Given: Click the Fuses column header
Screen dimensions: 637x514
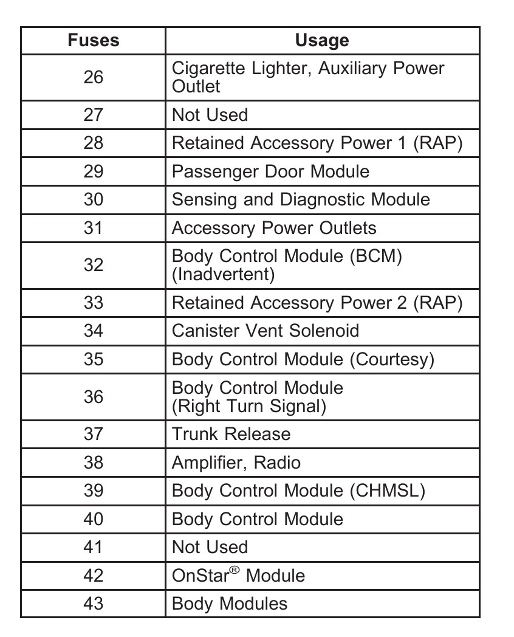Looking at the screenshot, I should [x=93, y=41].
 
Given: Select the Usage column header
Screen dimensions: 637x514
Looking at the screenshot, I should [x=321, y=41].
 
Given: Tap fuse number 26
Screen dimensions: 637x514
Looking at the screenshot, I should [x=93, y=77].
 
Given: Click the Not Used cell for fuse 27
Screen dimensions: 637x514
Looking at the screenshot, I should [x=210, y=115].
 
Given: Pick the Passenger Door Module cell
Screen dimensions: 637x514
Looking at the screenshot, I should [x=270, y=171].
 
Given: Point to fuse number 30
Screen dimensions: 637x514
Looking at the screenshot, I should [x=93, y=199].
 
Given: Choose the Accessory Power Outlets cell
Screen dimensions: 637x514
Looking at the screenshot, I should [x=274, y=228].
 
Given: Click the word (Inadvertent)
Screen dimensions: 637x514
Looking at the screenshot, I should [x=224, y=275].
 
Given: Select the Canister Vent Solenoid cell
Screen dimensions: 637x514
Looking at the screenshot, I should [x=266, y=331].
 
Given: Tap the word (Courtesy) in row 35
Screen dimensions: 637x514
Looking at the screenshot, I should [x=392, y=359].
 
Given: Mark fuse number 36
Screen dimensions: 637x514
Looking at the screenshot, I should [x=93, y=397].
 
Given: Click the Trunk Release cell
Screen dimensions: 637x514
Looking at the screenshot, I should [x=231, y=434].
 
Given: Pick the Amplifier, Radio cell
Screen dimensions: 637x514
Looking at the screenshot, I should [x=236, y=463].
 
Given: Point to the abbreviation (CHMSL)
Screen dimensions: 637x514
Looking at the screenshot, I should [x=387, y=491].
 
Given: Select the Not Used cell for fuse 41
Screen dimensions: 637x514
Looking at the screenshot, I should [x=210, y=547].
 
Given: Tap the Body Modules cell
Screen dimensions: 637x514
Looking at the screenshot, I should [x=230, y=604].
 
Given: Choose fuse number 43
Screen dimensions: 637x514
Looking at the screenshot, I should [x=93, y=604].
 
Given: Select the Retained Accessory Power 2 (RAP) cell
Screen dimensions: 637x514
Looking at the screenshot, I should [x=317, y=303].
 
